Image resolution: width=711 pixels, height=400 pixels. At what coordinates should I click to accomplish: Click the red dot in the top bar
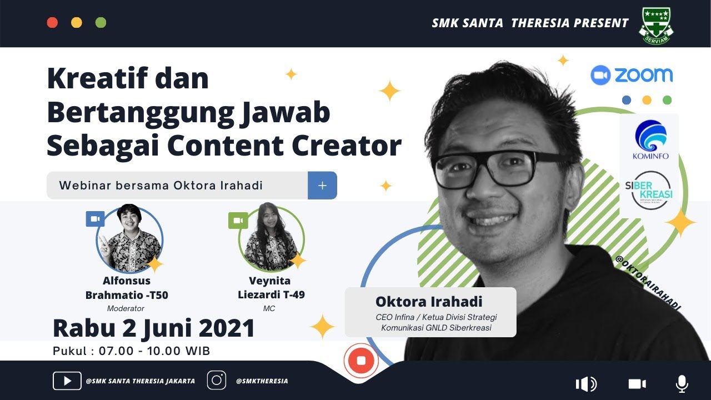click(52, 23)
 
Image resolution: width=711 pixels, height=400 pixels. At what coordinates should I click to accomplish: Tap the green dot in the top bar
click(101, 23)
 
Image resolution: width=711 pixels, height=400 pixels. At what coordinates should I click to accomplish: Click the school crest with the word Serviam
click(656, 25)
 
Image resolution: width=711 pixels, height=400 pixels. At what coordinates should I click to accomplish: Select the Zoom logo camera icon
click(600, 75)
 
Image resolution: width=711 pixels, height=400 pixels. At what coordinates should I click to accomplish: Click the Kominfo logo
click(650, 139)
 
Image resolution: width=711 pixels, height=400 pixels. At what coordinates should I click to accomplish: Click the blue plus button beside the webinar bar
click(322, 186)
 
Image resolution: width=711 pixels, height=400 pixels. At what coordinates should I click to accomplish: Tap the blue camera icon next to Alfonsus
click(95, 219)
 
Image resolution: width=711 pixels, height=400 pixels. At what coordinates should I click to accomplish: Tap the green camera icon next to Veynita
click(238, 221)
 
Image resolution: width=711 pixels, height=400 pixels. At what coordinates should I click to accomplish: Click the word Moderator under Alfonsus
click(126, 308)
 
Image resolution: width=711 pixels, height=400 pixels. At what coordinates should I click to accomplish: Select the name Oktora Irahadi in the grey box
click(429, 302)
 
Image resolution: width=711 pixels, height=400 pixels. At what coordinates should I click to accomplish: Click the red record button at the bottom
click(361, 361)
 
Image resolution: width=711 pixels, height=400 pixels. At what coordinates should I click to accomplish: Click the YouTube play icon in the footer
click(67, 381)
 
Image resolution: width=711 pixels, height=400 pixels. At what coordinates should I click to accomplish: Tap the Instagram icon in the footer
click(217, 381)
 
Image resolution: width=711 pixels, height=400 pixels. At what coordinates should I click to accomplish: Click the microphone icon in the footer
click(682, 383)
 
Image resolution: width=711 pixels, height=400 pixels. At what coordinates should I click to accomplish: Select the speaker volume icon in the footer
click(586, 384)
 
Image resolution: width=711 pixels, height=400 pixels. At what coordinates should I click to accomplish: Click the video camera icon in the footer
click(637, 384)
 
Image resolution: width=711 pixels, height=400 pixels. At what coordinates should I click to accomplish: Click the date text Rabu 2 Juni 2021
click(154, 328)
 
